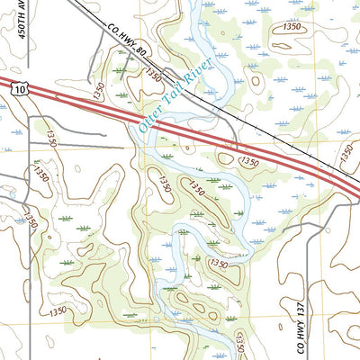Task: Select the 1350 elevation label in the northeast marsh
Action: coord(291,28)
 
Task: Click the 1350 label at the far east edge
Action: coord(348,154)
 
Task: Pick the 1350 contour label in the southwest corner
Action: coord(58,310)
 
